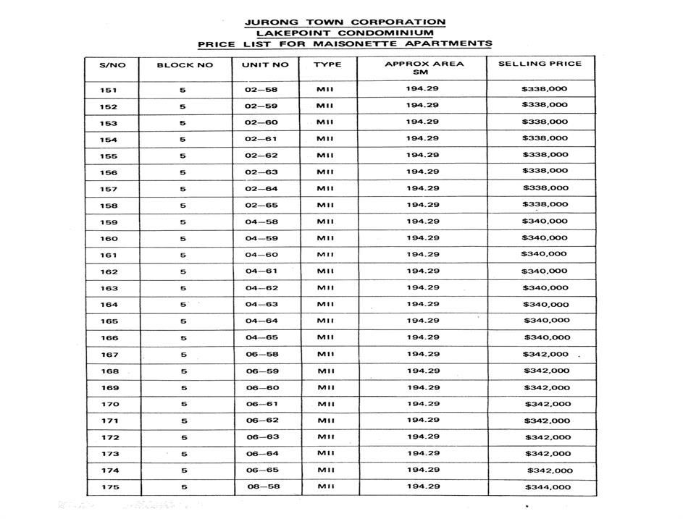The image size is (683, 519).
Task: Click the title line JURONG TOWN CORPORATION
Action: (x=345, y=22)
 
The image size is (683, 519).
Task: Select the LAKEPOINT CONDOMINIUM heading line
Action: (x=345, y=33)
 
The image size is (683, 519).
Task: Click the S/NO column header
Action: (x=112, y=65)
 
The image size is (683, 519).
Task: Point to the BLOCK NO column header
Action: (x=185, y=65)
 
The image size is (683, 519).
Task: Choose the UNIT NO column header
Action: (x=264, y=65)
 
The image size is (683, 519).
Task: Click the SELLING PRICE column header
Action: (x=540, y=64)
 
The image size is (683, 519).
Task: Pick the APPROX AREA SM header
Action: (x=424, y=68)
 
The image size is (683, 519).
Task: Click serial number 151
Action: (x=109, y=90)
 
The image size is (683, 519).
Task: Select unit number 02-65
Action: (x=261, y=206)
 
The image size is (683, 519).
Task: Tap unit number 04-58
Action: (x=261, y=222)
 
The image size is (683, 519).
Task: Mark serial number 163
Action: (x=109, y=288)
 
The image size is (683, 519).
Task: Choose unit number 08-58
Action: (x=261, y=487)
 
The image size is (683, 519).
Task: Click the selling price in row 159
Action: (x=545, y=221)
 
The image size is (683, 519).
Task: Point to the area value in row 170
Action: (x=422, y=404)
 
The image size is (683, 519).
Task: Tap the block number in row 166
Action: (x=184, y=338)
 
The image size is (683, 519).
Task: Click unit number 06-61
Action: (x=261, y=404)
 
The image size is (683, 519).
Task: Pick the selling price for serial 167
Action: (x=545, y=355)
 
